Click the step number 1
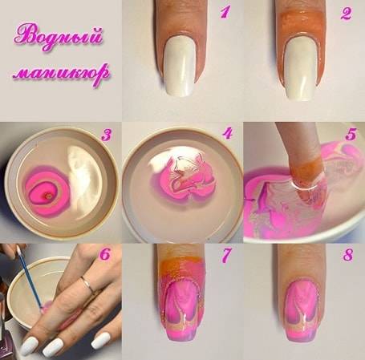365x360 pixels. click(x=225, y=13)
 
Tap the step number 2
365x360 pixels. click(x=346, y=14)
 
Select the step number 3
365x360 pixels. click(x=106, y=135)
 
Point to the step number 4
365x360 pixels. click(x=228, y=133)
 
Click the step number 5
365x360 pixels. click(x=351, y=134)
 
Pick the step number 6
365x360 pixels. click(x=105, y=254)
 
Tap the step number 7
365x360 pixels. click(x=225, y=255)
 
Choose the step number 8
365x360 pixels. click(x=348, y=255)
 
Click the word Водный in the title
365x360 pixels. click(x=59, y=37)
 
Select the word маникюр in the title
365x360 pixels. click(x=61, y=73)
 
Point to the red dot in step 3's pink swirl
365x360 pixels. click(x=48, y=197)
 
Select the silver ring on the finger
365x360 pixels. click(x=88, y=285)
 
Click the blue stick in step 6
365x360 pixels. click(x=30, y=279)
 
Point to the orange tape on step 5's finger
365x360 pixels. click(x=306, y=169)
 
